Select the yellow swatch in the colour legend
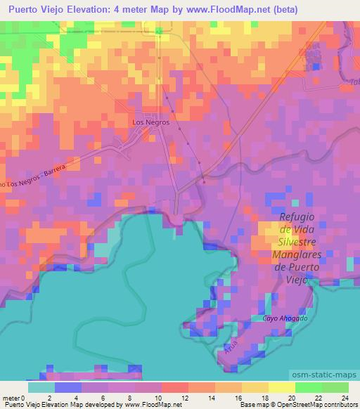click(282, 387)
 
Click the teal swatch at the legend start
click(42, 387)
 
